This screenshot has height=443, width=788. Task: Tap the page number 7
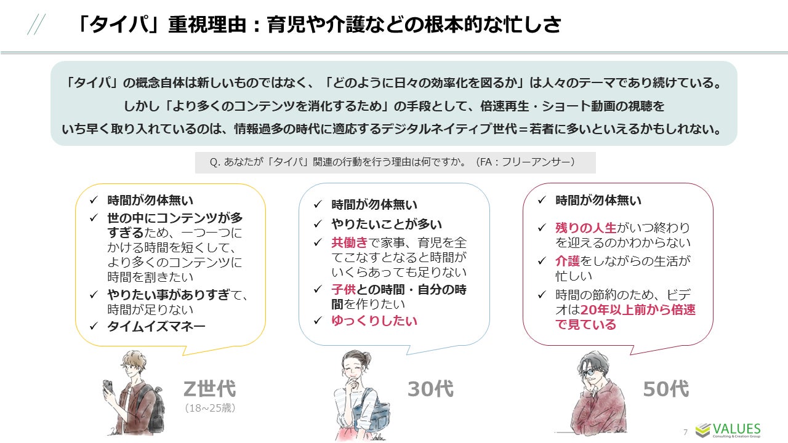[685, 432]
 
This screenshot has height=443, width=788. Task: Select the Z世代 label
[209, 389]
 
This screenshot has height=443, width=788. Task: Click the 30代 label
[430, 389]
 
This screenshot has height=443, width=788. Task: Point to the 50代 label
[665, 389]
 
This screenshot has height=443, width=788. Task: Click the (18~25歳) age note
[209, 407]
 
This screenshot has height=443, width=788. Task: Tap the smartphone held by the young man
[107, 387]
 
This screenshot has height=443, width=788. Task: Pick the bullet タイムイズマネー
[156, 327]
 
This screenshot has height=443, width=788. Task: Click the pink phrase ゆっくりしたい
[374, 321]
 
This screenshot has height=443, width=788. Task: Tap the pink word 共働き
[350, 242]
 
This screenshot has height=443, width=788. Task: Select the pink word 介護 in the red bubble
[568, 261]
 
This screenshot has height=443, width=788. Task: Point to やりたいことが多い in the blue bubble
[387, 225]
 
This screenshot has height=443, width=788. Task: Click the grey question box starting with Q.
[395, 162]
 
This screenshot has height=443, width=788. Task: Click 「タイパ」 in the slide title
[118, 25]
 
